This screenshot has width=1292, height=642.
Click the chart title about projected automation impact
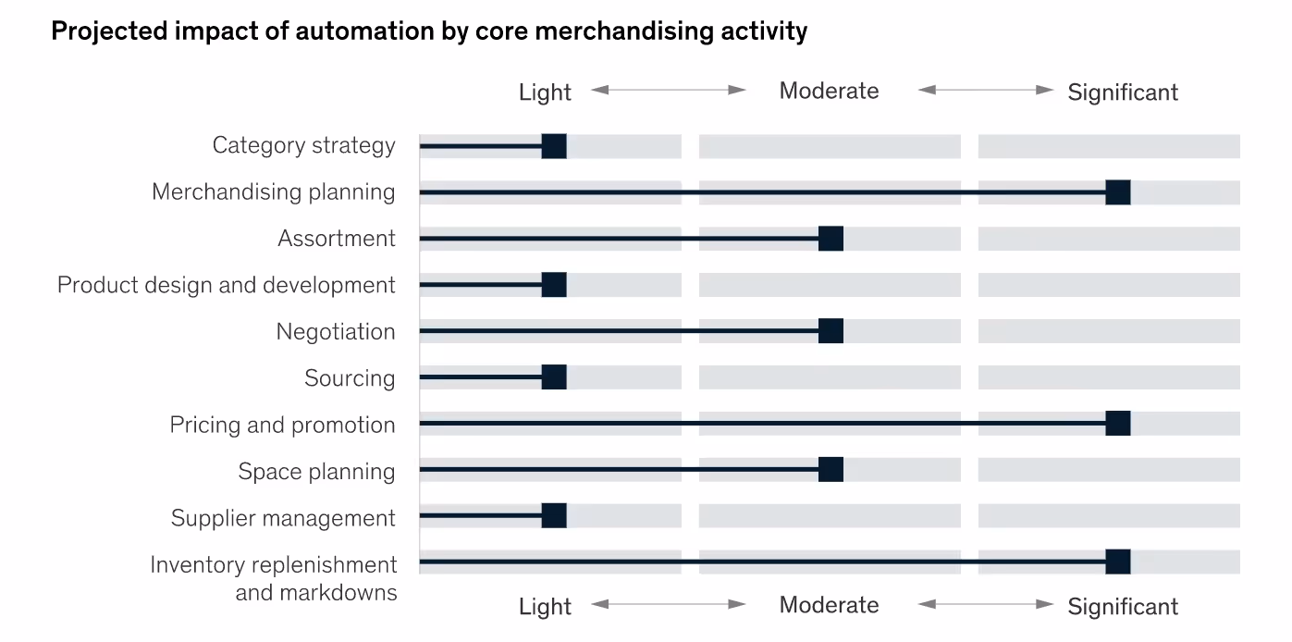pyautogui.click(x=429, y=31)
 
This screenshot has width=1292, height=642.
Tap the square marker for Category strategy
pyautogui.click(x=554, y=146)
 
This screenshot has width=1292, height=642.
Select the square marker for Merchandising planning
pyautogui.click(x=1118, y=192)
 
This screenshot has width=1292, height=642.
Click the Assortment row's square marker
pyautogui.click(x=831, y=239)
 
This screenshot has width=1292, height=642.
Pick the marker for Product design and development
pyautogui.click(x=554, y=285)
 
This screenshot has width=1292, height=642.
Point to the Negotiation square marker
pyautogui.click(x=831, y=331)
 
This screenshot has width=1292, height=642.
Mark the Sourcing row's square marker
pyautogui.click(x=554, y=377)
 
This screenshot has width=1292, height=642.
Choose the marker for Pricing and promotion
pyautogui.click(x=1118, y=424)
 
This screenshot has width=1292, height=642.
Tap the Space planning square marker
pyautogui.click(x=831, y=470)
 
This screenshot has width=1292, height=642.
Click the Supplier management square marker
pyautogui.click(x=554, y=516)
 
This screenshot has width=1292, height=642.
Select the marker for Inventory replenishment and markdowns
pyautogui.click(x=1118, y=562)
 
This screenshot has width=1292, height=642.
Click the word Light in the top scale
pyautogui.click(x=545, y=93)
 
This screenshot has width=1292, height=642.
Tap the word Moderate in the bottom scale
pyautogui.click(x=829, y=605)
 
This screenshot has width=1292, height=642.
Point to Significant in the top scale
pyautogui.click(x=1123, y=93)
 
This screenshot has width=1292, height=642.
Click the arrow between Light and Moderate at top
pyautogui.click(x=669, y=90)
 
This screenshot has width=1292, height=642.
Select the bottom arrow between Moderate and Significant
pyautogui.click(x=986, y=604)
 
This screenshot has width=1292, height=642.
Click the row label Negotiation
pyautogui.click(x=336, y=332)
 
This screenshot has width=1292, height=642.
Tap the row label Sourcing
pyautogui.click(x=350, y=378)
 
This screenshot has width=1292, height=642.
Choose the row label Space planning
pyautogui.click(x=316, y=472)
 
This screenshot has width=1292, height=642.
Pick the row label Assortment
pyautogui.click(x=337, y=239)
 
